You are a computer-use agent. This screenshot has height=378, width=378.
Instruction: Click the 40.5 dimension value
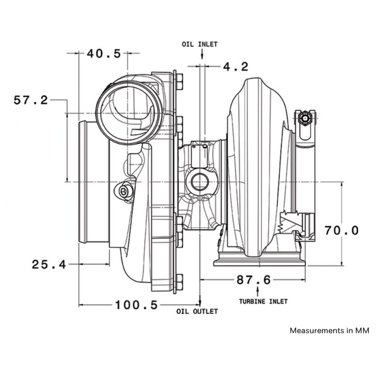coord(103,53)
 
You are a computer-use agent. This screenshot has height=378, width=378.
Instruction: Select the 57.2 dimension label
coord(31,100)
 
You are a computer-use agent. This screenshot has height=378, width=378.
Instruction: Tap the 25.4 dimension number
coord(49,265)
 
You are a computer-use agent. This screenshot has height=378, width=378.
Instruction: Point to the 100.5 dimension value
coord(137,305)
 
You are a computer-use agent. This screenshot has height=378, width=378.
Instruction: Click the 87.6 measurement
coord(254,280)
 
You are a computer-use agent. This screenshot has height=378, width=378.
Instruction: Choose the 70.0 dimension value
coord(342,231)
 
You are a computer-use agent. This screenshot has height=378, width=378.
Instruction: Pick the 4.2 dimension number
coord(235,67)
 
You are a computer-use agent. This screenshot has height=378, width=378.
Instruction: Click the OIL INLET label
coord(199,44)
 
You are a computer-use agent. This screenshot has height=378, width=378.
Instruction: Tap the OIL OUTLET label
coord(197,311)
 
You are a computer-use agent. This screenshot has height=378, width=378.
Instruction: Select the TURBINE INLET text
coord(263,301)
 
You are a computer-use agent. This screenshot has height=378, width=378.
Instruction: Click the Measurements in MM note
coord(329,330)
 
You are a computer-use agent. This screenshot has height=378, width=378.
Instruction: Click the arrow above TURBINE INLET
coord(258,292)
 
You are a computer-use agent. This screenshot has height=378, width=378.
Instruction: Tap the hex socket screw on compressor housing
coord(125,191)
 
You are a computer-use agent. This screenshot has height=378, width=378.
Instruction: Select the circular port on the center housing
coord(200,182)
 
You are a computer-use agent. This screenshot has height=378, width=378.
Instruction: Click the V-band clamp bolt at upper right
coord(305,119)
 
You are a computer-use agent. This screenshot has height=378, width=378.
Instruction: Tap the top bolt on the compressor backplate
coord(179,82)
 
